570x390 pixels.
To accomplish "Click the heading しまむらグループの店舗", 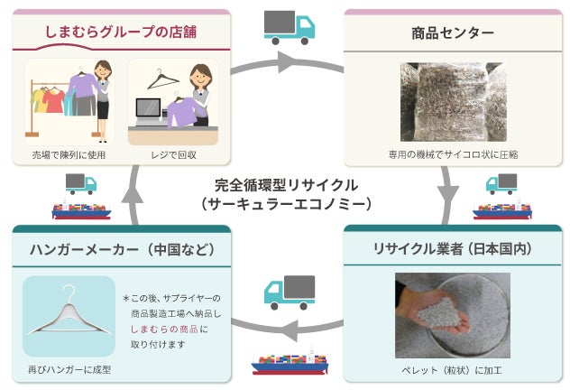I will [x=121, y=33].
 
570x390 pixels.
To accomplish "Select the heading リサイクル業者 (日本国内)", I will [x=454, y=248].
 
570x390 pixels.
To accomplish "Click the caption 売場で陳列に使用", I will [x=69, y=154].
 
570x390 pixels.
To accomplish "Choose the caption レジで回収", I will [x=174, y=154].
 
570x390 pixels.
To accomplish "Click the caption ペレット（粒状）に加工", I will [x=452, y=369].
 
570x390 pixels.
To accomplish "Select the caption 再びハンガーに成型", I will [x=69, y=369].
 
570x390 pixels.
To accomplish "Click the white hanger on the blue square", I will [x=69, y=317].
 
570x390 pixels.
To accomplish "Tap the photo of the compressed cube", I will [x=454, y=99].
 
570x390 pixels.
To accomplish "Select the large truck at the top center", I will [x=289, y=27].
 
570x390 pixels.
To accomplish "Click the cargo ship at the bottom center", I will [x=290, y=362].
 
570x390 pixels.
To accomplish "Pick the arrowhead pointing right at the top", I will [x=286, y=63].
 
